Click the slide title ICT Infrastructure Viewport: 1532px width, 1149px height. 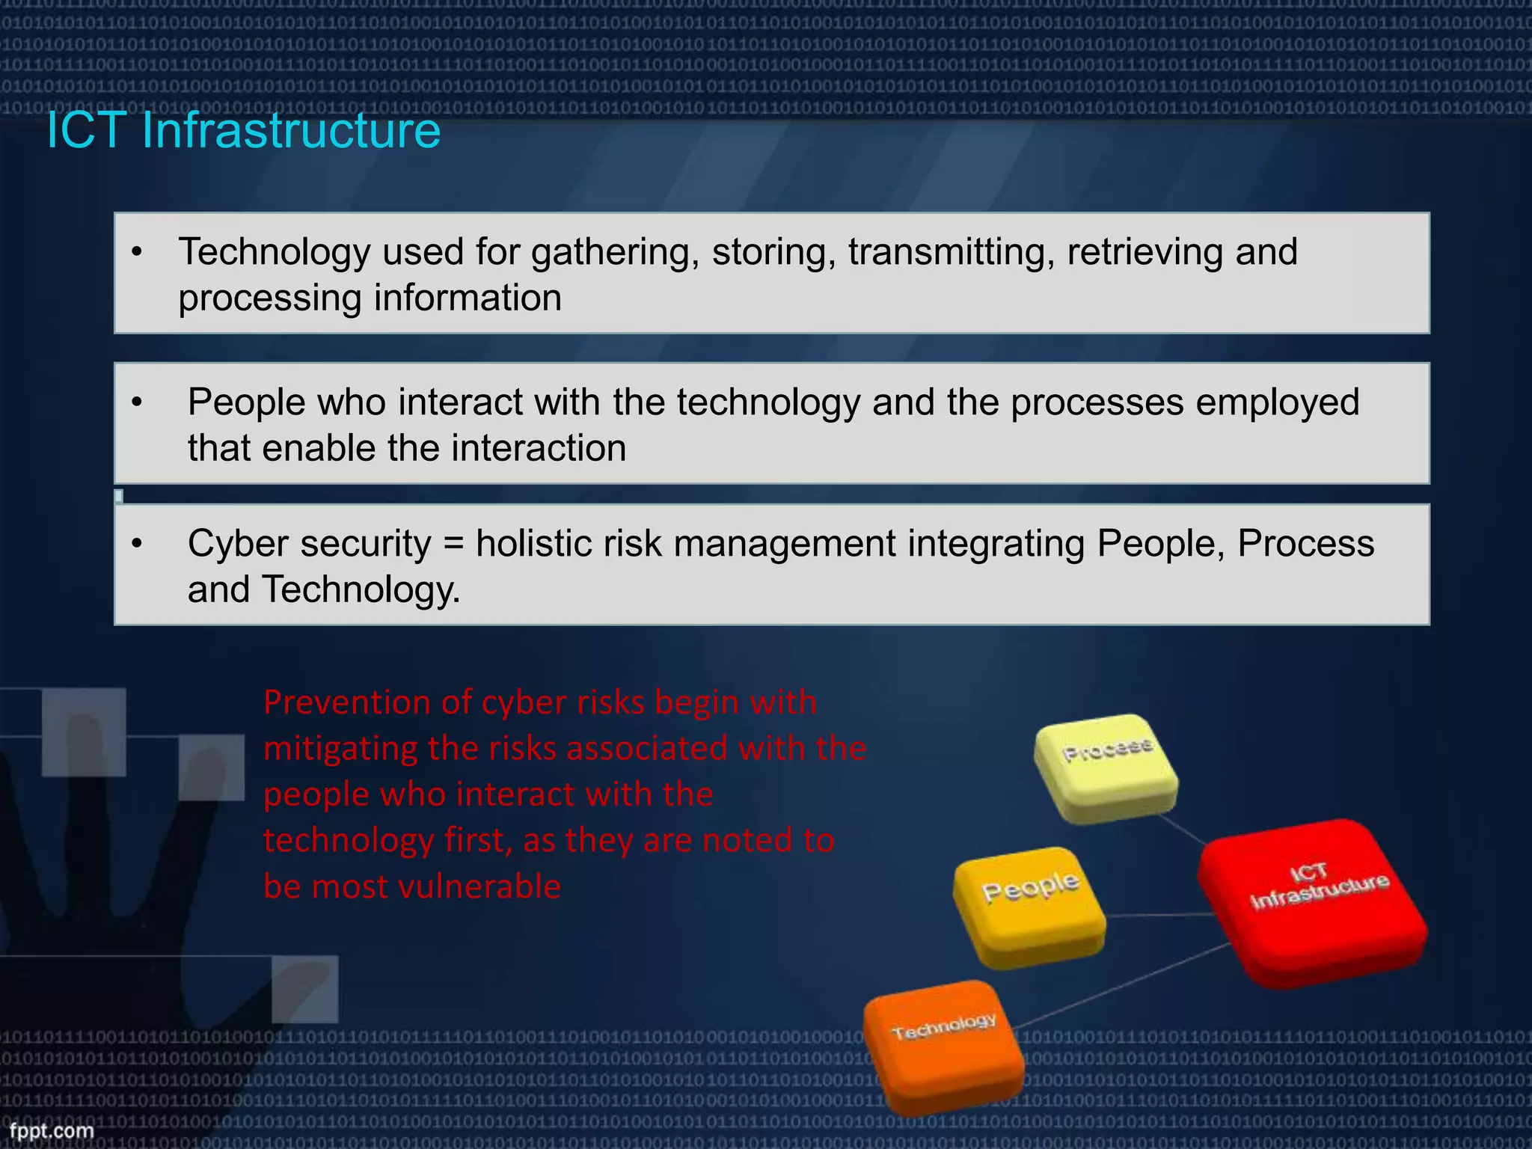pos(244,130)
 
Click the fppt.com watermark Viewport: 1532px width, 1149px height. pos(52,1130)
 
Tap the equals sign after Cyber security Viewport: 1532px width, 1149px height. pos(453,544)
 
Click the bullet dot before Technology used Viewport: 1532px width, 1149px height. pos(136,252)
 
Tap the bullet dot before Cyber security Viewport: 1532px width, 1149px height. pos(136,544)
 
